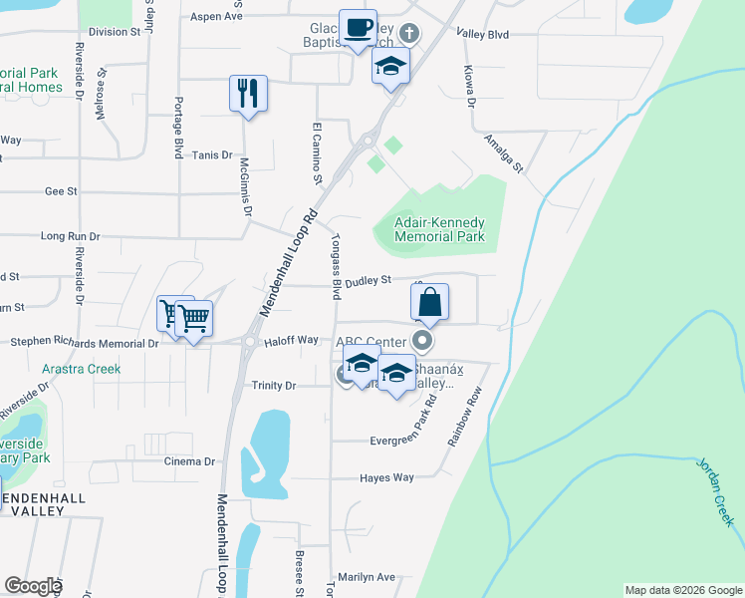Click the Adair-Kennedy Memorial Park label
pyautogui.click(x=439, y=229)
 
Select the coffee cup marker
pyautogui.click(x=358, y=28)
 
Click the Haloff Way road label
pyautogui.click(x=292, y=341)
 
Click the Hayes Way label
pyautogui.click(x=386, y=478)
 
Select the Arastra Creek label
pyautogui.click(x=81, y=369)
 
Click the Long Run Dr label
pyautogui.click(x=70, y=236)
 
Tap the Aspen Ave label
pyautogui.click(x=216, y=17)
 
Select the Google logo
pyautogui.click(x=33, y=586)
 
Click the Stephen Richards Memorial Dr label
pyautogui.click(x=84, y=343)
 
